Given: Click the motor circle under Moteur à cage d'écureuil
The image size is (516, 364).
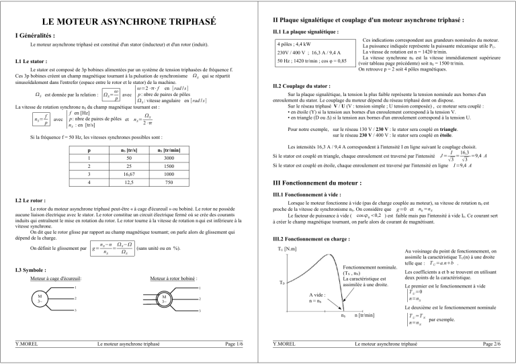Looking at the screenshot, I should coord(42,298).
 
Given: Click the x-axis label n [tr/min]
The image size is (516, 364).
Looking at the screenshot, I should coord(365,314).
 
